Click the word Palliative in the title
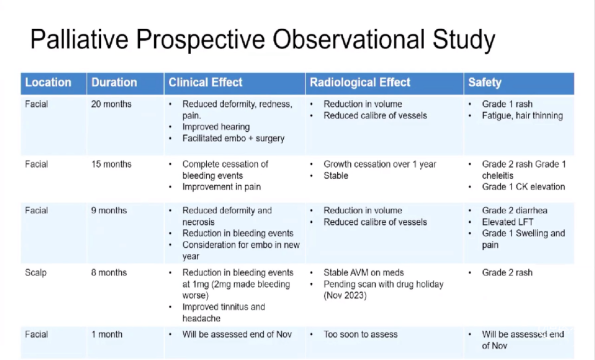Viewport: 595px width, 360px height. [x=79, y=39]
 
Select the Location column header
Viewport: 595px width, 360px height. [x=48, y=82]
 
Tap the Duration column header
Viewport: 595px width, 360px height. [x=114, y=82]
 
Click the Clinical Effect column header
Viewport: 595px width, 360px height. [x=205, y=82]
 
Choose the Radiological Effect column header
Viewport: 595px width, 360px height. [x=360, y=82]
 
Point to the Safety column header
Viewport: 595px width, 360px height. [x=485, y=82]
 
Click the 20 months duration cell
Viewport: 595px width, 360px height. [x=111, y=104]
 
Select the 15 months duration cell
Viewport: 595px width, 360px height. [x=111, y=164]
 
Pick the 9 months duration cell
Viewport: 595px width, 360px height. [x=109, y=211]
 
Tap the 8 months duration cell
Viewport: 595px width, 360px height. [x=109, y=272]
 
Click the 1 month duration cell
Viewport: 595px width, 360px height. [x=107, y=334]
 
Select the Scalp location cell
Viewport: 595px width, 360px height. [x=36, y=273]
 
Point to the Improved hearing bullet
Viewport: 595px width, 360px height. [x=216, y=127]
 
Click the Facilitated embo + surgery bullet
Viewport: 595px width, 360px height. [x=234, y=138]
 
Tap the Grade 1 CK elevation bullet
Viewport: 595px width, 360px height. [x=523, y=187]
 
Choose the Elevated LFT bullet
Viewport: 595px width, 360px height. [x=508, y=222]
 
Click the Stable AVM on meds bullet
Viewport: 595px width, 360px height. [x=364, y=273]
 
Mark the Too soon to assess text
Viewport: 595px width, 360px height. [x=360, y=334]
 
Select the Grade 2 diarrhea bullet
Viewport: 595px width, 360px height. [x=515, y=211]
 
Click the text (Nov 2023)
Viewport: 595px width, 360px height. [x=345, y=295]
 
